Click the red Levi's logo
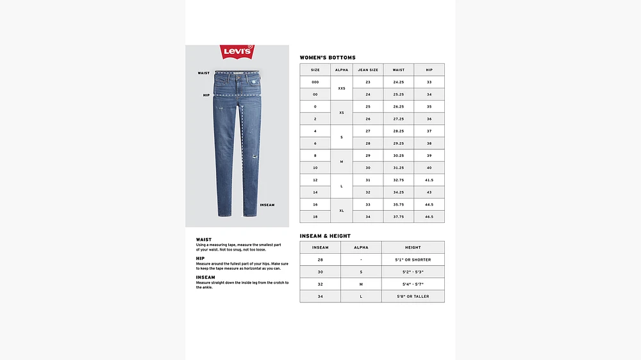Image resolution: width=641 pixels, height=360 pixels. pyautogui.click(x=237, y=52)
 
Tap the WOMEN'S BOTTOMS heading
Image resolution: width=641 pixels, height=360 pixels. pyautogui.click(x=328, y=58)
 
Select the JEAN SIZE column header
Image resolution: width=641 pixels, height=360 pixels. pyautogui.click(x=368, y=70)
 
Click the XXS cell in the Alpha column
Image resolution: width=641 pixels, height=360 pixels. pyautogui.click(x=342, y=88)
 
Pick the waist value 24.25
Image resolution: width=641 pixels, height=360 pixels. pyautogui.click(x=399, y=83)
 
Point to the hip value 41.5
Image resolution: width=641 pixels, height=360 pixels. pyautogui.click(x=429, y=180)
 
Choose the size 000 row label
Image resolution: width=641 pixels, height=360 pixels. pyautogui.click(x=315, y=83)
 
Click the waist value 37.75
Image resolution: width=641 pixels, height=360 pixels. pyautogui.click(x=399, y=217)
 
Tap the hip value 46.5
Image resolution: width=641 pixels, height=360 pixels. pyautogui.click(x=429, y=217)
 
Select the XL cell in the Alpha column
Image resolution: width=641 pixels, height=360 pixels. pyautogui.click(x=342, y=210)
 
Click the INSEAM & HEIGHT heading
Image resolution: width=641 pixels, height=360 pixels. pyautogui.click(x=325, y=236)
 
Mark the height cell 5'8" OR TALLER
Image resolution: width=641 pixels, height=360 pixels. pyautogui.click(x=413, y=296)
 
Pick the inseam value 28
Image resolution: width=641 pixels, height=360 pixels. pyautogui.click(x=320, y=259)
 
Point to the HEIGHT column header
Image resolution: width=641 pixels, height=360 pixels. pyautogui.click(x=413, y=247)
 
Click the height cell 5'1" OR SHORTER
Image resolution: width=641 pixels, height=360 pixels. pyautogui.click(x=413, y=259)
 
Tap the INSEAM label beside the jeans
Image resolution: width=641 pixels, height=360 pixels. pyautogui.click(x=267, y=205)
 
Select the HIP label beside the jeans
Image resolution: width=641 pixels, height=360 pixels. pyautogui.click(x=206, y=95)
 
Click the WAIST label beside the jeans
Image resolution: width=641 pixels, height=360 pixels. pyautogui.click(x=204, y=73)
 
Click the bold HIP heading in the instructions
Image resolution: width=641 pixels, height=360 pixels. pyautogui.click(x=200, y=258)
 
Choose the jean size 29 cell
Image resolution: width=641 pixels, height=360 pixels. pyautogui.click(x=368, y=156)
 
